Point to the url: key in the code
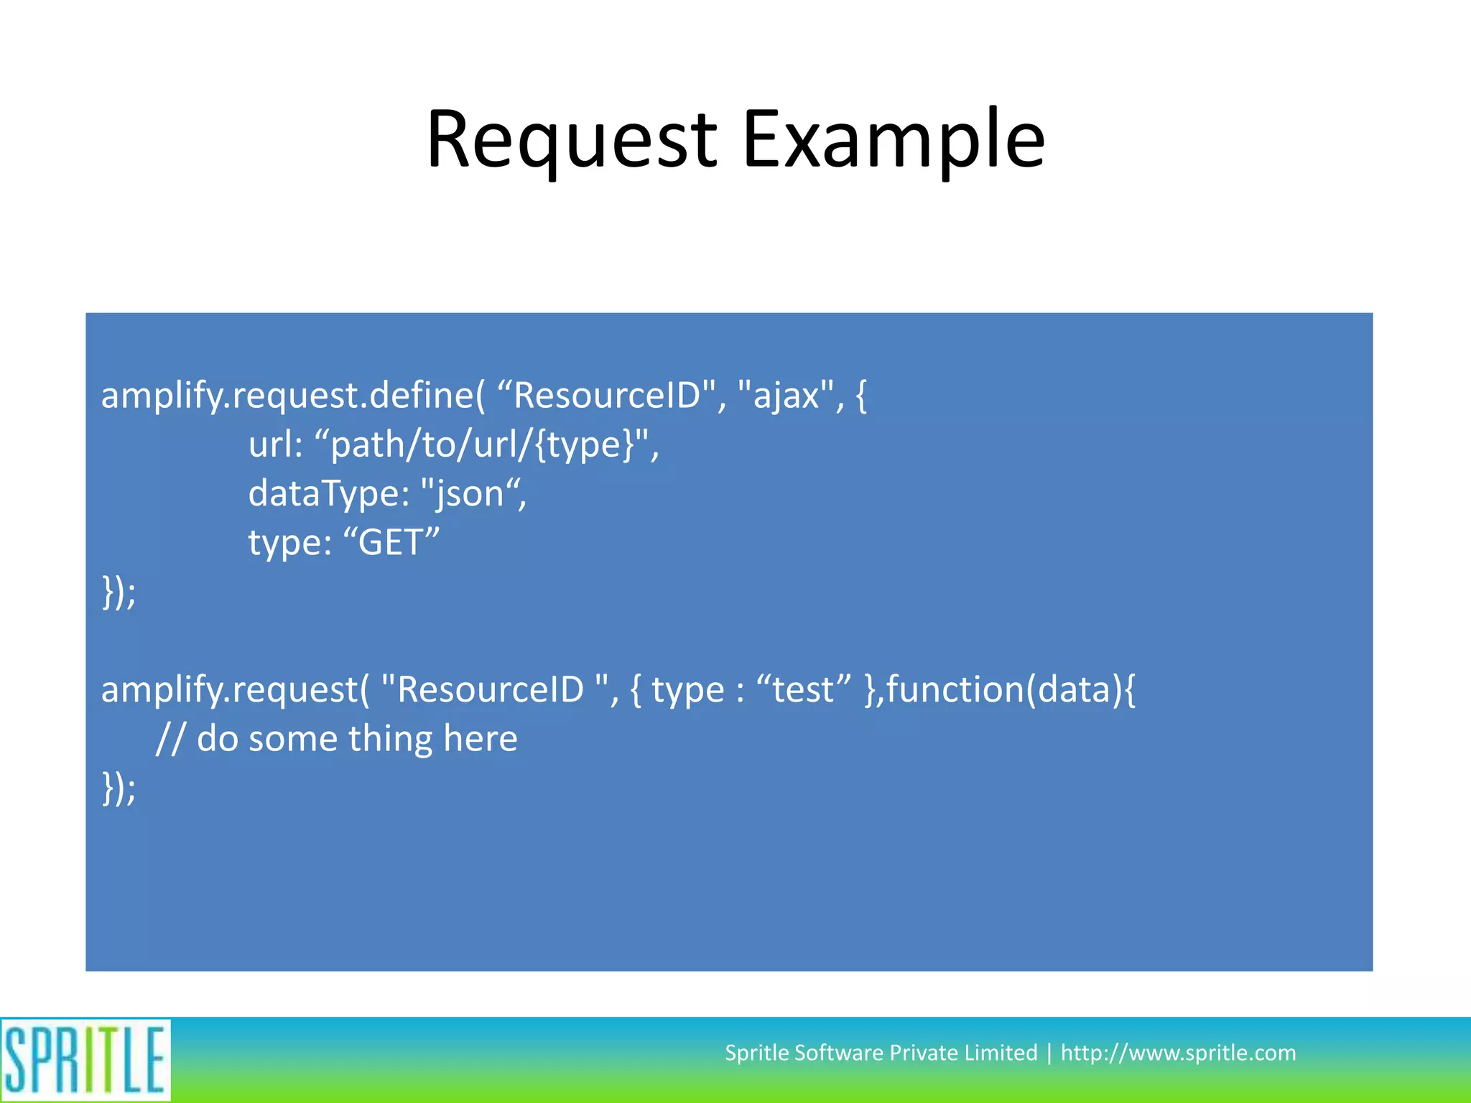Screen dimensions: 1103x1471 coord(276,445)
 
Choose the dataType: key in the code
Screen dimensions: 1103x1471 coord(328,494)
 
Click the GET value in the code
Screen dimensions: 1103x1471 coord(391,543)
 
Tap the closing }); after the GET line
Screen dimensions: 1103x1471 coord(119,592)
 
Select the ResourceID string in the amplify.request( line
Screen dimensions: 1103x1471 coord(496,690)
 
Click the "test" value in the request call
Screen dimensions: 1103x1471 coord(804,690)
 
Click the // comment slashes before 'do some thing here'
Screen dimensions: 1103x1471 coord(170,739)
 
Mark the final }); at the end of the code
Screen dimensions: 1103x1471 coord(119,788)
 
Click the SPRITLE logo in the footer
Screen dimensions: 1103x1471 coord(85,1060)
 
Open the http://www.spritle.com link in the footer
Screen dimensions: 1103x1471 coord(1178,1053)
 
